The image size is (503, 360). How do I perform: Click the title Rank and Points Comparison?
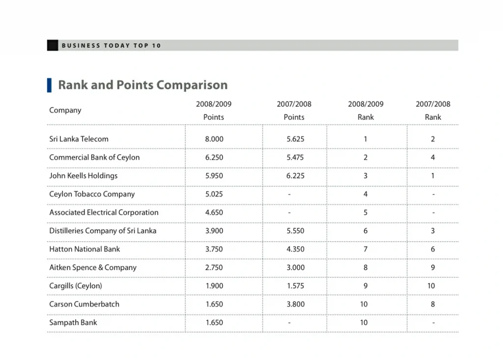click(x=142, y=85)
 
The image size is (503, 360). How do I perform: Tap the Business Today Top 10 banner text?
click(x=111, y=46)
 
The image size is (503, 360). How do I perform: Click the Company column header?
click(x=65, y=110)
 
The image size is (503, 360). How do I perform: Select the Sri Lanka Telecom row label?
click(x=79, y=139)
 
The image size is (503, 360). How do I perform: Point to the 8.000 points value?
click(x=214, y=139)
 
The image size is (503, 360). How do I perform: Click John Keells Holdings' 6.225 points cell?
click(x=295, y=176)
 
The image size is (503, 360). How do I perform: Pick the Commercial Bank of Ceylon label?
click(x=94, y=158)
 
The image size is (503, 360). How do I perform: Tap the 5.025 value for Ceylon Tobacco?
click(x=214, y=194)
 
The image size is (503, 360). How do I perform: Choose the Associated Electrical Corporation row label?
click(x=104, y=213)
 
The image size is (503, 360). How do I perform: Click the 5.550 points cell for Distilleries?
click(x=295, y=231)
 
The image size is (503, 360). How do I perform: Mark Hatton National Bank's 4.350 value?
click(x=295, y=249)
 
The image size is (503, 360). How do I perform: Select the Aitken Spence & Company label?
click(x=93, y=268)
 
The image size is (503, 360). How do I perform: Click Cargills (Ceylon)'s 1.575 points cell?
click(x=295, y=286)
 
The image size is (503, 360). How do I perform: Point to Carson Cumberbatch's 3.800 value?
click(x=295, y=304)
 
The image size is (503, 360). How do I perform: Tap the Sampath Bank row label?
click(x=73, y=323)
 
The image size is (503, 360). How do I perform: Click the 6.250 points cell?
click(x=214, y=158)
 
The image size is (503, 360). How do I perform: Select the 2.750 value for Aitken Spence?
click(x=214, y=268)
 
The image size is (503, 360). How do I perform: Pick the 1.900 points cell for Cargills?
click(x=214, y=286)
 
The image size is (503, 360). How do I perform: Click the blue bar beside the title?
click(x=49, y=85)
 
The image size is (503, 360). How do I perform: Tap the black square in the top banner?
click(x=53, y=45)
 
